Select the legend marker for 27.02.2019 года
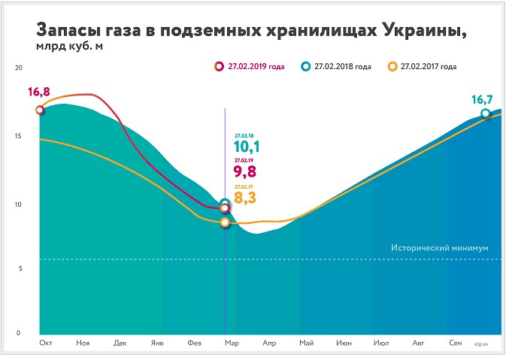(219, 67)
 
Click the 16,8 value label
(38, 93)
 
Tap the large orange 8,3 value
(247, 199)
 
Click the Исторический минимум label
(441, 247)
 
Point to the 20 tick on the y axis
(20, 68)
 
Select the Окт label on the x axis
(46, 343)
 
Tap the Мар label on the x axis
(232, 343)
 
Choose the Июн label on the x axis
(344, 343)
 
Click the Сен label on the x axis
(455, 343)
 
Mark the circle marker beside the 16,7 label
(486, 114)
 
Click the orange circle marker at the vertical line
(225, 222)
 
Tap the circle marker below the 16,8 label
(40, 110)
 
